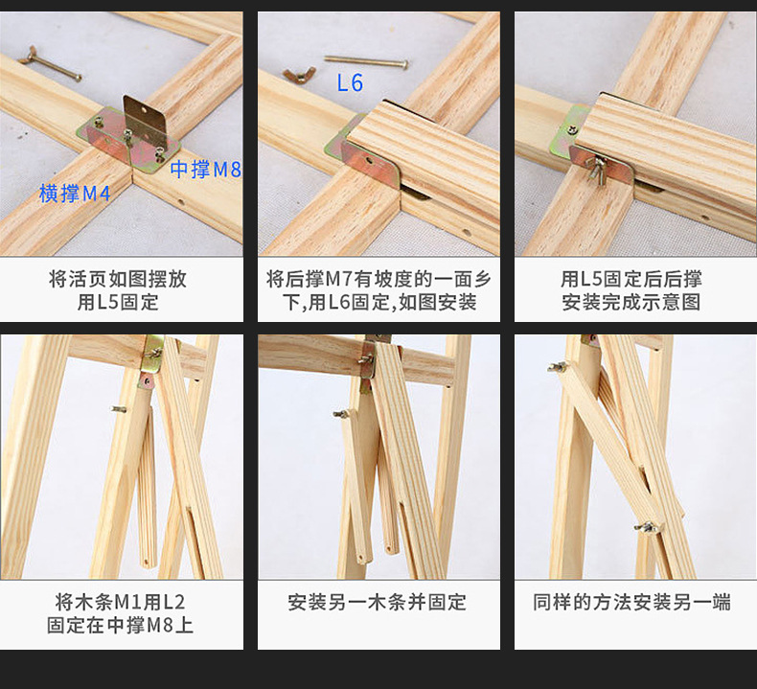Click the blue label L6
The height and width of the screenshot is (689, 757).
[350, 82]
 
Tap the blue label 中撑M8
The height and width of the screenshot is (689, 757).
[205, 170]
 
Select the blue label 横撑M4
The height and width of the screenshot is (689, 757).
[75, 194]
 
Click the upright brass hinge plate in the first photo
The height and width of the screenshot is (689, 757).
[145, 121]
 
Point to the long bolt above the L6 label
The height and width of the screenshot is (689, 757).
[366, 61]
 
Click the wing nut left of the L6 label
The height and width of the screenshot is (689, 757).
[299, 75]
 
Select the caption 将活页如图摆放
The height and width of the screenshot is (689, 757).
[118, 279]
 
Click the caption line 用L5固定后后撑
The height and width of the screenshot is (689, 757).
[631, 279]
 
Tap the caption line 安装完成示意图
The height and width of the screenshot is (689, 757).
[631, 302]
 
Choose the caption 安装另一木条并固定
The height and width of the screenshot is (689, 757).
[377, 602]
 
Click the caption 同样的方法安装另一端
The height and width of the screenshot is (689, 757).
[631, 602]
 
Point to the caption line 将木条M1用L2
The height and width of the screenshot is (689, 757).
[120, 602]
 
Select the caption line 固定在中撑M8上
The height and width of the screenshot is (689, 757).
[120, 625]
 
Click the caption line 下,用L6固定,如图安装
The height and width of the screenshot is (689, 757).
[379, 302]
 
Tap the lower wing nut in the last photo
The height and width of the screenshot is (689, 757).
[646, 527]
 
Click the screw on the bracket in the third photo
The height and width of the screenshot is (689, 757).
[573, 129]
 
